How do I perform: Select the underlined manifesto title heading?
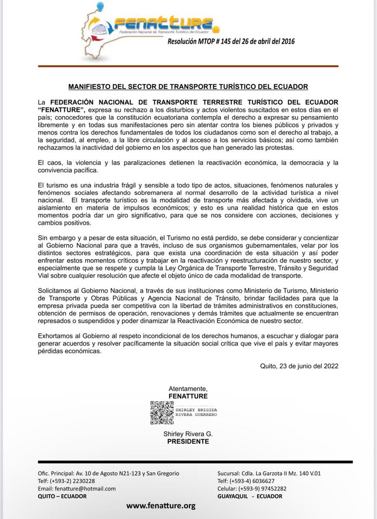pyautogui.click(x=188, y=86)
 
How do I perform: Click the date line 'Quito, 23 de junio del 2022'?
pyautogui.click(x=299, y=365)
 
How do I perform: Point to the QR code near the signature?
pyautogui.click(x=161, y=412)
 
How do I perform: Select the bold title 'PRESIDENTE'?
pyautogui.click(x=188, y=442)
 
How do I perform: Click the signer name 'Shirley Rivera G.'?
pyautogui.click(x=188, y=434)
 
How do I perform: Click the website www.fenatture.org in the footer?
pyautogui.click(x=161, y=505)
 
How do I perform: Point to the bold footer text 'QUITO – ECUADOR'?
pyautogui.click(x=62, y=496)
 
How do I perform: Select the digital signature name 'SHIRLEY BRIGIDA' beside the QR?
pyautogui.click(x=196, y=409)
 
